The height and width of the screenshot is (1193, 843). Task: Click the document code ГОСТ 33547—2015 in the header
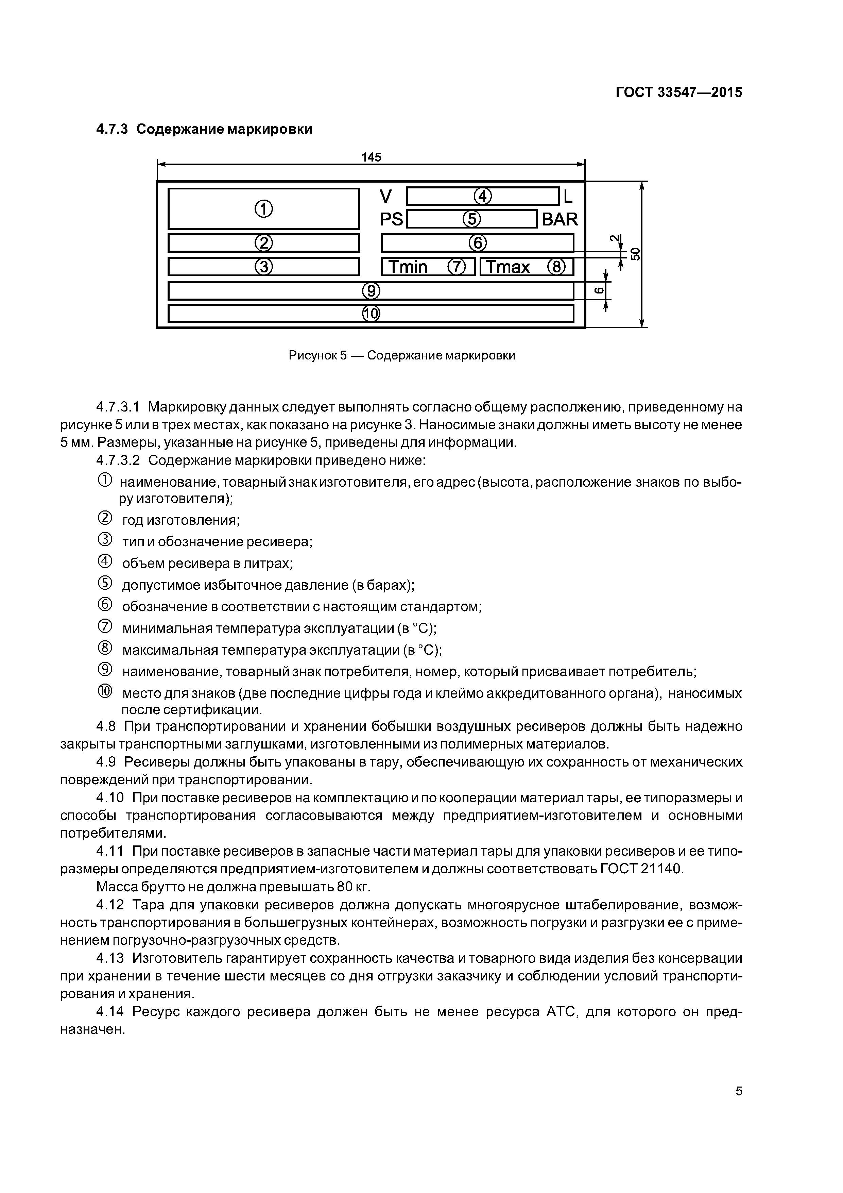pos(678,93)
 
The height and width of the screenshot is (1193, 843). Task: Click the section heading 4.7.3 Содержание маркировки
pos(204,129)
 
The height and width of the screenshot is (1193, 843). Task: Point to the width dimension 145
pos(372,157)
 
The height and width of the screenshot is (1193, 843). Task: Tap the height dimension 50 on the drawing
pos(635,254)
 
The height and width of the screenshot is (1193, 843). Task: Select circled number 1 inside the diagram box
pos(263,209)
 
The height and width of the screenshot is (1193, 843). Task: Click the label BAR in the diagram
pos(560,219)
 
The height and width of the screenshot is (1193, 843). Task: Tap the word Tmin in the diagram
pos(408,267)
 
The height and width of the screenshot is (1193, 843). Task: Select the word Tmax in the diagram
pos(508,267)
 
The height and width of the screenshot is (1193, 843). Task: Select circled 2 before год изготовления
pos(104,518)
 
